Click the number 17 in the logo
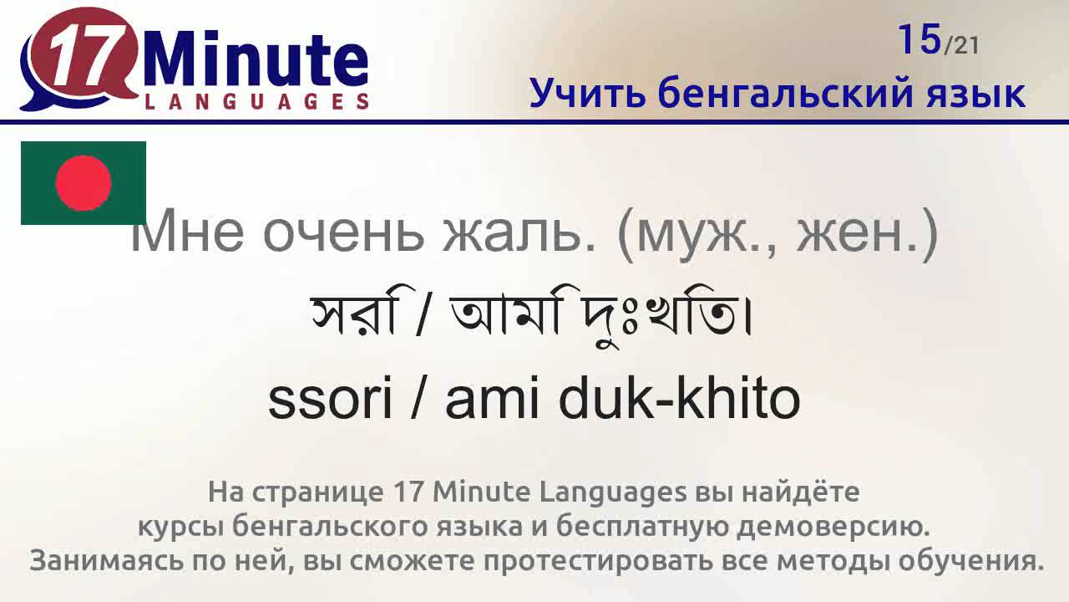click(83, 60)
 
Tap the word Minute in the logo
click(256, 60)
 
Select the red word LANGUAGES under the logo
click(256, 101)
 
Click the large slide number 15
click(920, 39)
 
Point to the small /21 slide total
click(961, 45)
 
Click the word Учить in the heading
click(587, 93)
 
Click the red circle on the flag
click(84, 183)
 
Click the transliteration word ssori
click(330, 400)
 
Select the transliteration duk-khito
click(680, 400)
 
